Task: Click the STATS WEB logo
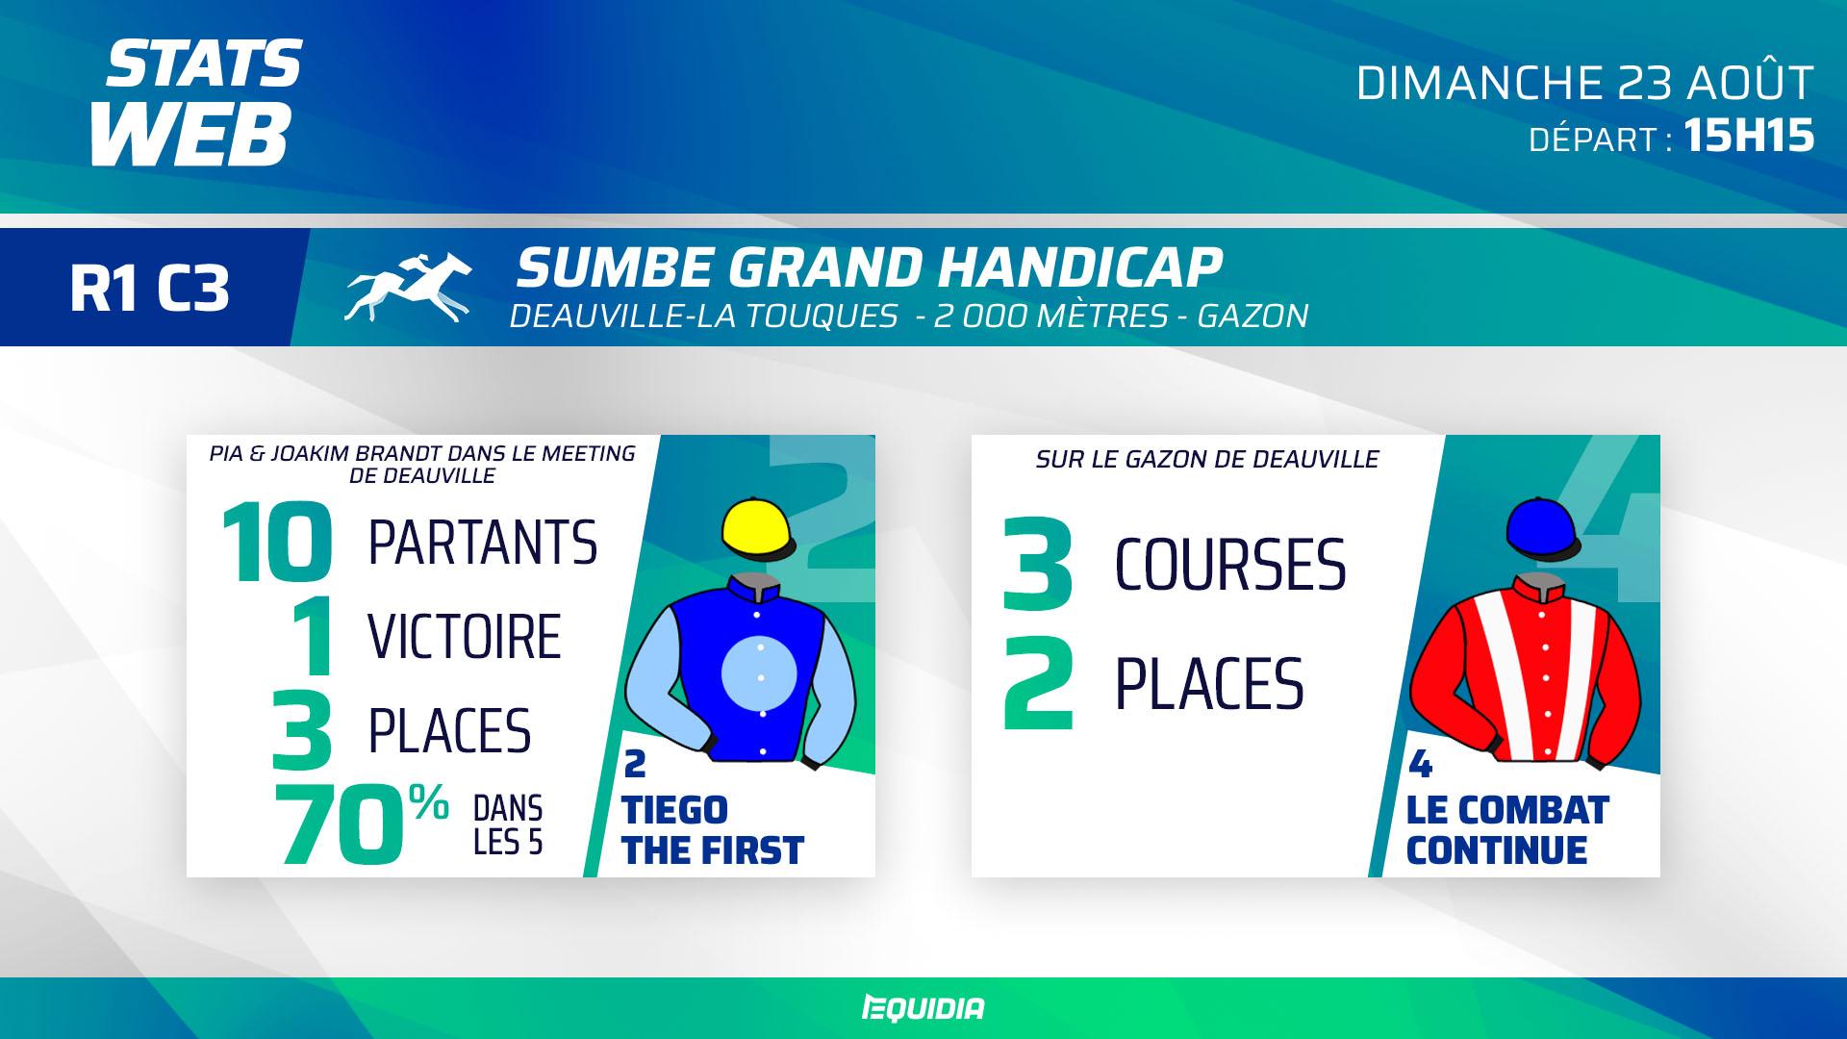tap(196, 102)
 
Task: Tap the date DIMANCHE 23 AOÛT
tap(1584, 84)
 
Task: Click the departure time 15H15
tap(1749, 137)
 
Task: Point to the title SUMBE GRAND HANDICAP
tap(869, 267)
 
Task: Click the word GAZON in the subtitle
tap(1252, 316)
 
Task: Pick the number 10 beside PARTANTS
tap(277, 544)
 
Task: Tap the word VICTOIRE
tap(465, 637)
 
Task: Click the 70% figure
tap(362, 824)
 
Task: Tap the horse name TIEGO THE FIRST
tap(713, 830)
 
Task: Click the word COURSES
tap(1230, 565)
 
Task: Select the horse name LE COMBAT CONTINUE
tap(1507, 830)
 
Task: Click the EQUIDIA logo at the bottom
tap(923, 1008)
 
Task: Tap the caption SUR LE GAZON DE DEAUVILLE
tap(1207, 460)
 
